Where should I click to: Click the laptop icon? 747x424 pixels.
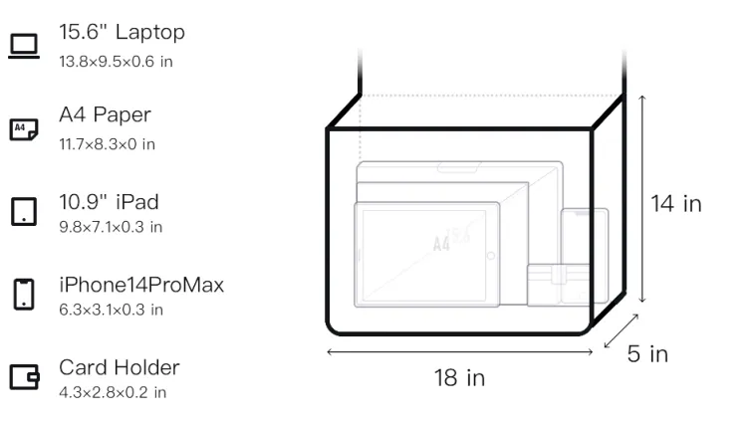pos(24,46)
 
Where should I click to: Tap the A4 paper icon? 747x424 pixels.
pos(24,129)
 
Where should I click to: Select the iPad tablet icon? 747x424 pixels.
pos(24,211)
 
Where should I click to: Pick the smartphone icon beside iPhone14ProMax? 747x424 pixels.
pos(24,294)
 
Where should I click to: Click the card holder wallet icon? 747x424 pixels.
pos(24,377)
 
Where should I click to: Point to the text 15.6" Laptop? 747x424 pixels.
pos(122,32)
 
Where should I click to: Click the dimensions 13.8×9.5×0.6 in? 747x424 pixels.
pos(116,62)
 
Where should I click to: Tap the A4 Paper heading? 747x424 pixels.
pos(105,114)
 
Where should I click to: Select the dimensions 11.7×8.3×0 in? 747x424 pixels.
pos(108,144)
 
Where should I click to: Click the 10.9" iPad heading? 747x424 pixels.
pos(109,202)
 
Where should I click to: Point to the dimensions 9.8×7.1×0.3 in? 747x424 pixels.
pos(111,227)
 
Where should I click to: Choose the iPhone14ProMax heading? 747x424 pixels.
pos(141,285)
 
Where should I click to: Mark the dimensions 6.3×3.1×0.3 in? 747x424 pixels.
pos(111,310)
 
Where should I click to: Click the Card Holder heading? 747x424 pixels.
pos(120,367)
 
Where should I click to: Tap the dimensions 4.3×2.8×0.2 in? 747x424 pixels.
pos(113,392)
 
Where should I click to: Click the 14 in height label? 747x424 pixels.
pos(676,204)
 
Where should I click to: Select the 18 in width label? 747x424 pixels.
pos(459,378)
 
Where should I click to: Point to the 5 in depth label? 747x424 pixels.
pos(647,354)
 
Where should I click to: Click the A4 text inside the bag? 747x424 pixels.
pos(441,244)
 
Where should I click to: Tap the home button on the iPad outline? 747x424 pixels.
pos(490,256)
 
